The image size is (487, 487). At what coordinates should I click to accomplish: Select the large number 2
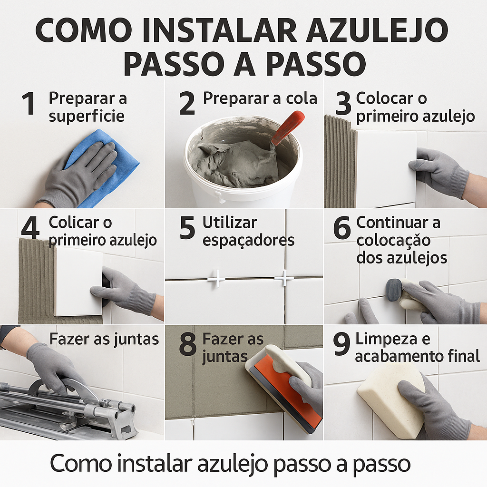point(187,103)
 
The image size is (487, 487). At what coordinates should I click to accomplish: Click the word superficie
point(87,116)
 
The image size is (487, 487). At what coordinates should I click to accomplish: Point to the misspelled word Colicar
point(79,223)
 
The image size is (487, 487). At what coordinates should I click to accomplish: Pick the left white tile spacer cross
point(216,279)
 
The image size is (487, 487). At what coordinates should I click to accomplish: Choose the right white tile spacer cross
point(284,278)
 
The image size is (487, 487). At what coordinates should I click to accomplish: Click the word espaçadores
point(248,240)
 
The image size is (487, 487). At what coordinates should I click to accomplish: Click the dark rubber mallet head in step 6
point(394,290)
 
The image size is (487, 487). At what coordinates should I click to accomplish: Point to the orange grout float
point(281,390)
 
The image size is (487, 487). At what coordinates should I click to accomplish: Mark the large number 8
point(187,345)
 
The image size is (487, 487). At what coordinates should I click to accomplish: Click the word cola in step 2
point(301,98)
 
